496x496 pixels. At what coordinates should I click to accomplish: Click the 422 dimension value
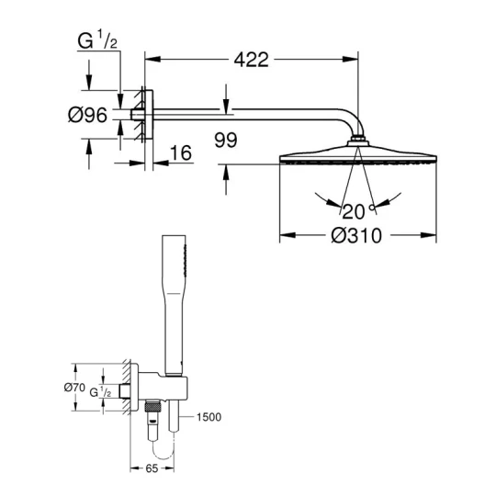coord(251,60)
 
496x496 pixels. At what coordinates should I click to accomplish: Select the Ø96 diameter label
coord(87,115)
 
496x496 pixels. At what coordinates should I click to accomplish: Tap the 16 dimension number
coord(181,152)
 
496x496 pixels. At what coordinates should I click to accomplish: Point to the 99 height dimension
coord(226,140)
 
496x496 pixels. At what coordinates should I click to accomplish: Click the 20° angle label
coord(357,211)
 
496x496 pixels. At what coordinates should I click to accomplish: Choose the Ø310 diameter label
coord(356,236)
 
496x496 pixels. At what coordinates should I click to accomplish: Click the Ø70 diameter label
coord(74,388)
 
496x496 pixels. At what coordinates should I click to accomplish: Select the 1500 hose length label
coord(209,417)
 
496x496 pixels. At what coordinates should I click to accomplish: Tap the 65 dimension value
coord(152,468)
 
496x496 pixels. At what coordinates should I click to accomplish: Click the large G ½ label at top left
coord(97,39)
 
